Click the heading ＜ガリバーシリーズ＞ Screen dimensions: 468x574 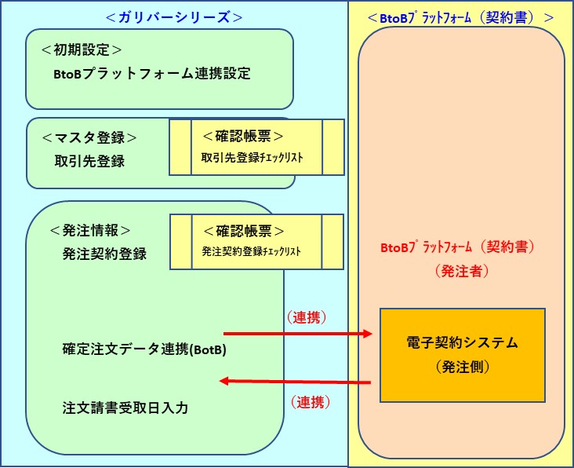click(x=173, y=16)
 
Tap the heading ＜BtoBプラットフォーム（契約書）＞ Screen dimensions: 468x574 click(x=461, y=16)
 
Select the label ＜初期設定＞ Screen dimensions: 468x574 click(x=82, y=49)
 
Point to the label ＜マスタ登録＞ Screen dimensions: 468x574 click(x=89, y=137)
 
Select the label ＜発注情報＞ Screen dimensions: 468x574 click(x=90, y=231)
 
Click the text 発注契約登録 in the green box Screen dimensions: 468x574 click(x=104, y=254)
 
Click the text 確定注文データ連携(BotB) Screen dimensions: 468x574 click(x=144, y=349)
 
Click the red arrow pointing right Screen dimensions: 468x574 click(x=298, y=334)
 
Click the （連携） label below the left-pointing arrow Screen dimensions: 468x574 click(x=310, y=403)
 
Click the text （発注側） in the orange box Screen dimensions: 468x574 click(x=462, y=367)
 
